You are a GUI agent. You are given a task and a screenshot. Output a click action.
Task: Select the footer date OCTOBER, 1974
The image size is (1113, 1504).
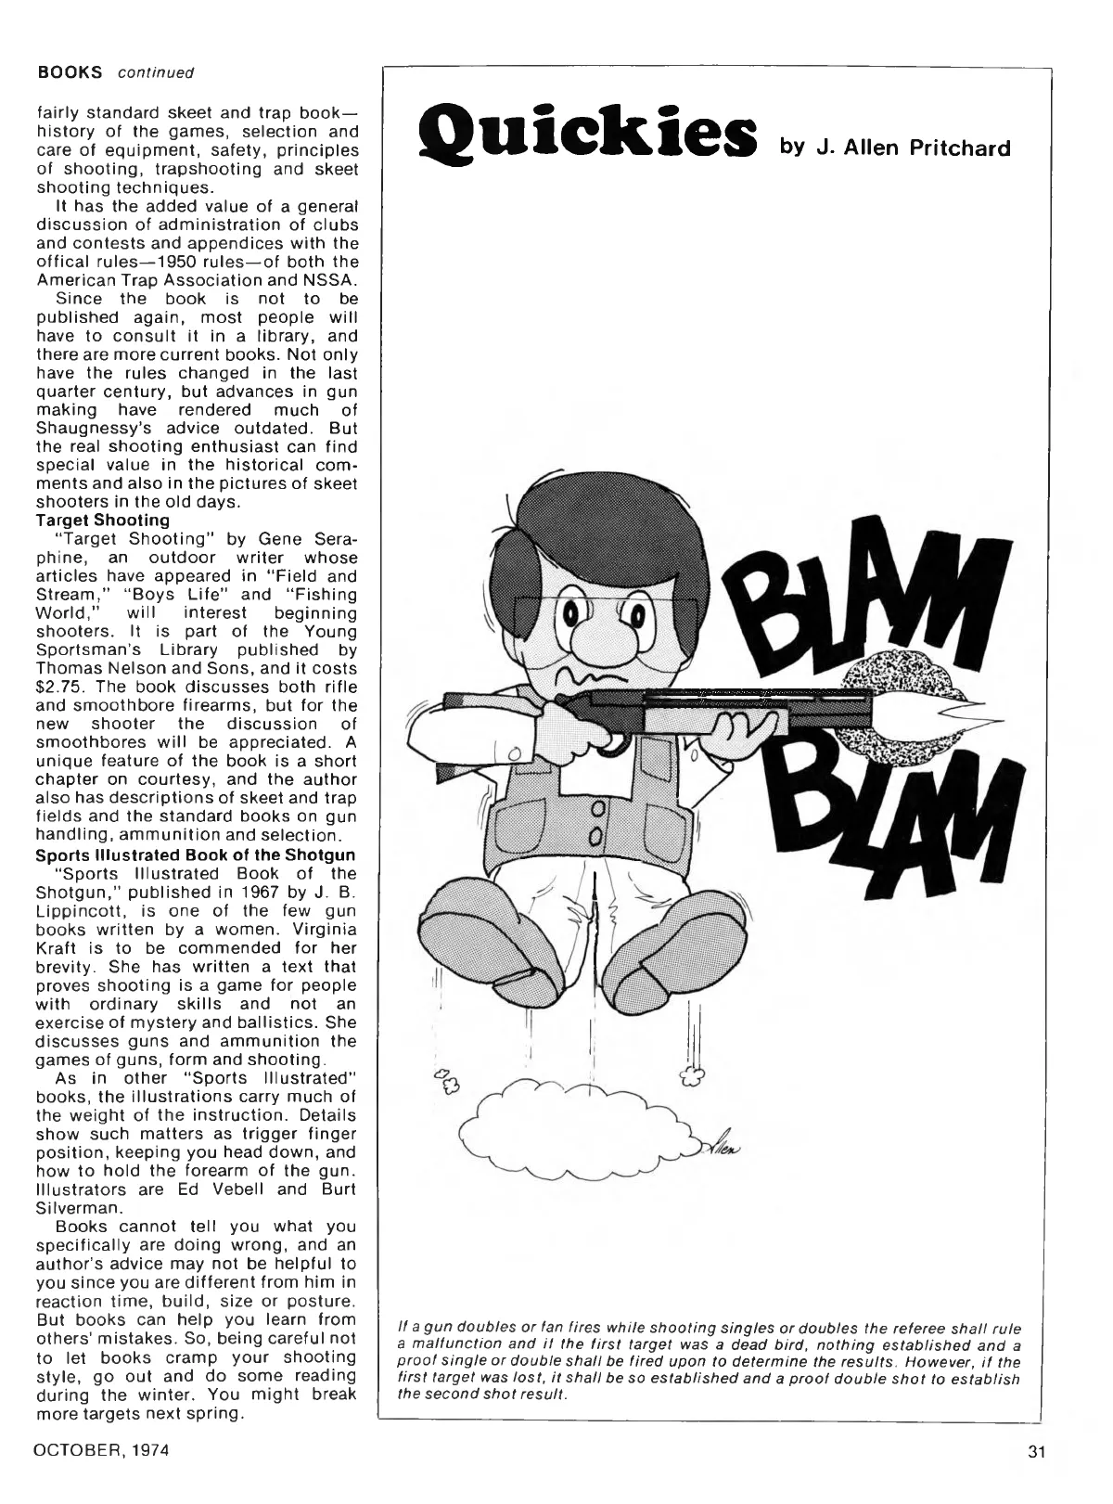point(102,1450)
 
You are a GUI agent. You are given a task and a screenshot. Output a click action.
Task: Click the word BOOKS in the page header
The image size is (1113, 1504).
point(70,71)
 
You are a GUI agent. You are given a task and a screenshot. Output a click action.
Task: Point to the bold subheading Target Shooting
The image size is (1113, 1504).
point(102,520)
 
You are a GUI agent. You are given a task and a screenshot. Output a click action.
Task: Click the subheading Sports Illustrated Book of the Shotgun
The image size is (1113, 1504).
point(196,855)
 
